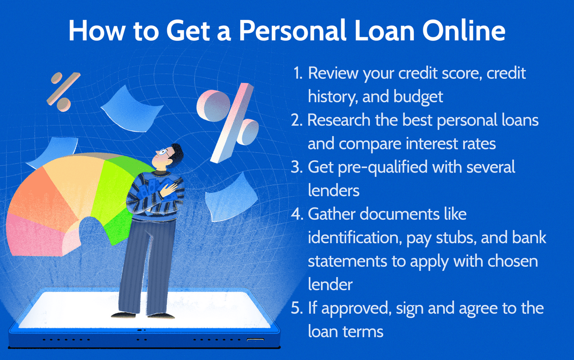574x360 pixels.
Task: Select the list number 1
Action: [298, 73]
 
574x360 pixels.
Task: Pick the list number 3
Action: [298, 167]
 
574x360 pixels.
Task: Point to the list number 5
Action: [298, 308]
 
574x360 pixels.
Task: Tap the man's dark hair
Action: [174, 149]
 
